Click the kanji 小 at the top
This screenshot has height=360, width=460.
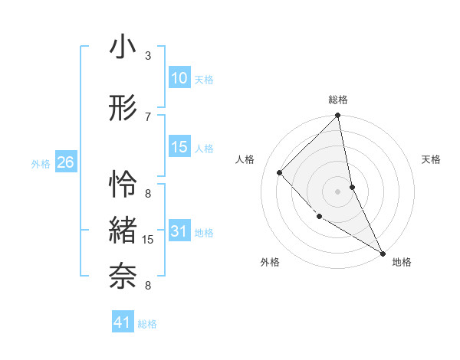123,47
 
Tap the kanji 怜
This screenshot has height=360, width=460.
123,185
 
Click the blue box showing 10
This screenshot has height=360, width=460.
179,78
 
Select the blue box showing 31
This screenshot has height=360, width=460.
179,232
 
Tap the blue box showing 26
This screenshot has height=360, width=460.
66,162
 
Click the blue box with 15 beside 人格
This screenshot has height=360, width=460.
179,147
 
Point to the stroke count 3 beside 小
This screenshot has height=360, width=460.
147,56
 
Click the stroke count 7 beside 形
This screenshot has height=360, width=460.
147,116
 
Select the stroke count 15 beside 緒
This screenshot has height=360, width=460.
149,240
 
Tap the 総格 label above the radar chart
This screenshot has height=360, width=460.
338,100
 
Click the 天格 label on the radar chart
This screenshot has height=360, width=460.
432,159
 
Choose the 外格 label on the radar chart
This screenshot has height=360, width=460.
270,262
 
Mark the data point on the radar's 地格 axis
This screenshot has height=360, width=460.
383,254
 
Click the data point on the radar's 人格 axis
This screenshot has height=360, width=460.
280,172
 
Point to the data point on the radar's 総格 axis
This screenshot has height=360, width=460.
338,116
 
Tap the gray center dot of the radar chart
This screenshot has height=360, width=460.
338,191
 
